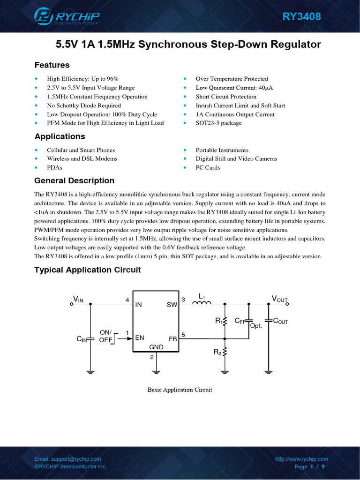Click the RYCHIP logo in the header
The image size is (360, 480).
coord(67,17)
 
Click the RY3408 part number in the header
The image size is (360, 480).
coord(301,17)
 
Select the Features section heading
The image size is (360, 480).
coord(52,65)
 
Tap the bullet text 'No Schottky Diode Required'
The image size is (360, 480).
coord(84,105)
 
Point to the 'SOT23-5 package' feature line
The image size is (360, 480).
coord(218,123)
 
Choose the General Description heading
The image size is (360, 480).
coord(74,180)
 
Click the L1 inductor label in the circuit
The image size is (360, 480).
coord(202,296)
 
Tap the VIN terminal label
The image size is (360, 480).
coord(78,299)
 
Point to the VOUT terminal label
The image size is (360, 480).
coord(280,299)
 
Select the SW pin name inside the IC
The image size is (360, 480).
coord(172,305)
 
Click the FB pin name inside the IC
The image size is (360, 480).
coord(172,338)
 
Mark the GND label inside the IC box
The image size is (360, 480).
coord(156,347)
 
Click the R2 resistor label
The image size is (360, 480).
coord(217,352)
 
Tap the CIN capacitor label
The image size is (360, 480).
coord(82,339)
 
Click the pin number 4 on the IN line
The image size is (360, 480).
coord(127,300)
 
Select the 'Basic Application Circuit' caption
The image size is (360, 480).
coord(180,390)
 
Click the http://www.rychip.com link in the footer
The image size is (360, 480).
coord(301,459)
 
